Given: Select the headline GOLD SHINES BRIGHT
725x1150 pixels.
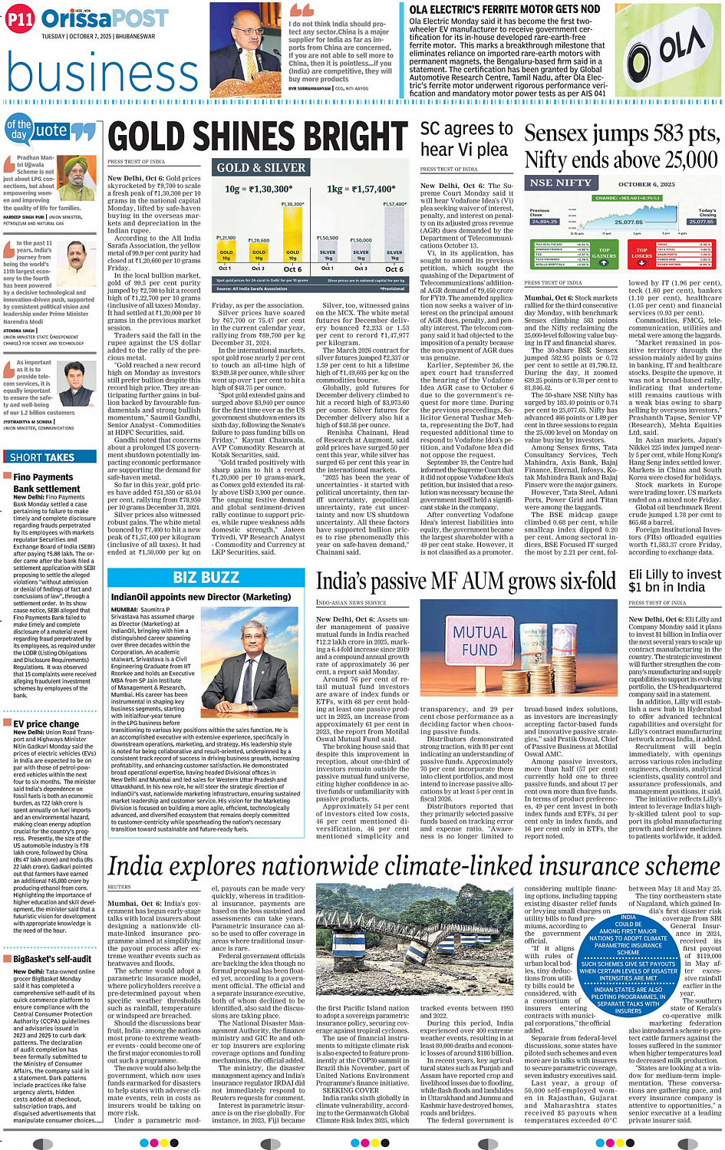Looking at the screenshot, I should coord(258,137).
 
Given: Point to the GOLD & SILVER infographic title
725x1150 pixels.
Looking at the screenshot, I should coord(261,168).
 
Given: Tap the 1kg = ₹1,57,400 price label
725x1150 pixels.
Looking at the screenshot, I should coord(361,189).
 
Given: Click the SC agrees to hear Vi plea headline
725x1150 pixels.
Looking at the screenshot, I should coord(466,139).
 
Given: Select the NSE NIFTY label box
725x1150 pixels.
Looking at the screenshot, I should coord(560,183).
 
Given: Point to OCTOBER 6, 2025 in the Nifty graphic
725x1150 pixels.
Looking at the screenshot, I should coord(647,184).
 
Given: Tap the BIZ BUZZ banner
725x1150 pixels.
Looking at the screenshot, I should coord(206,578).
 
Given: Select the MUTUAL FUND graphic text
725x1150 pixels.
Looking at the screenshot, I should coord(480,641).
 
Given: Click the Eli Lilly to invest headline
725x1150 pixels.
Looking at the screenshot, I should coord(674,581).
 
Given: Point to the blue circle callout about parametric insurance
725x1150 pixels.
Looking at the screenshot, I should coord(628,964).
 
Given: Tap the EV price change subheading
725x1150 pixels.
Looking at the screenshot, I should coord(46,723).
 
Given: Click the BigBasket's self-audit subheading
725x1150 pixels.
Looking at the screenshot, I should coord(52,959).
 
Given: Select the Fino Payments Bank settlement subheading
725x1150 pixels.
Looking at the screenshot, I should coord(47,483).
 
